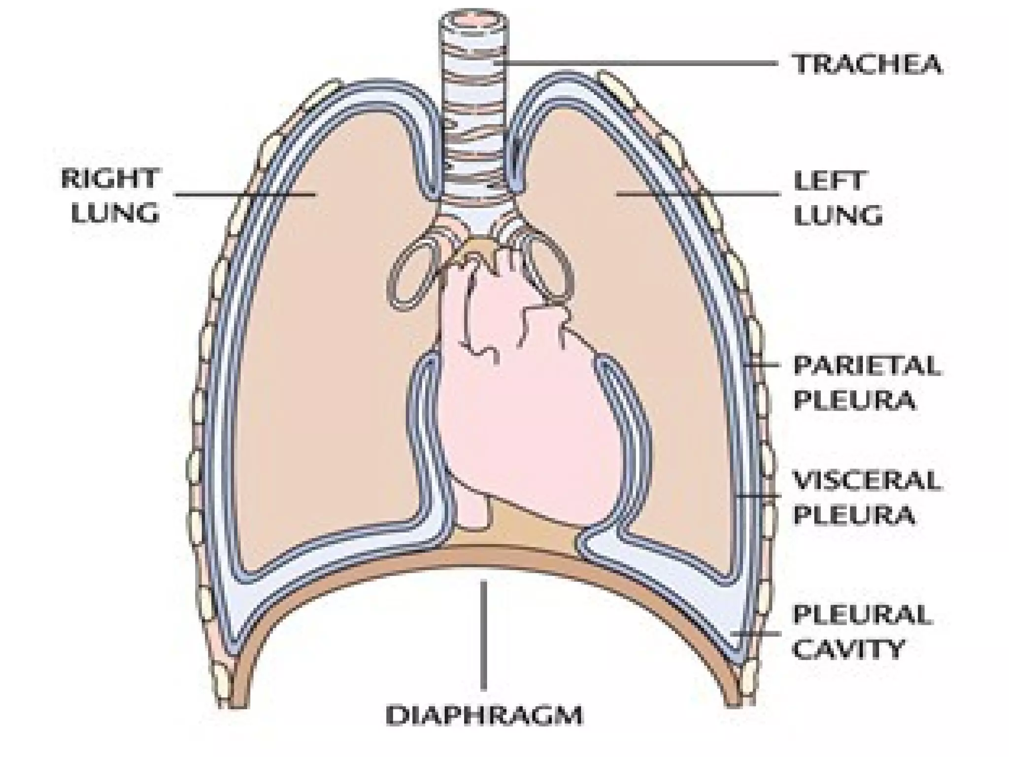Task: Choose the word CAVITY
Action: point(848,649)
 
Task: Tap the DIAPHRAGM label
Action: point(484,716)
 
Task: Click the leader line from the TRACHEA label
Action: point(640,63)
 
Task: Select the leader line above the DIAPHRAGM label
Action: point(484,636)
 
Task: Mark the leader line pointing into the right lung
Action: point(246,194)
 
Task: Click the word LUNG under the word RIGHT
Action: point(115,213)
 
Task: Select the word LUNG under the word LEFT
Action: point(838,215)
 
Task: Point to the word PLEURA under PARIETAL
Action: point(854,400)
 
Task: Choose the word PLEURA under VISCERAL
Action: point(854,515)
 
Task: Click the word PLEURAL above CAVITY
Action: point(862,615)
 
